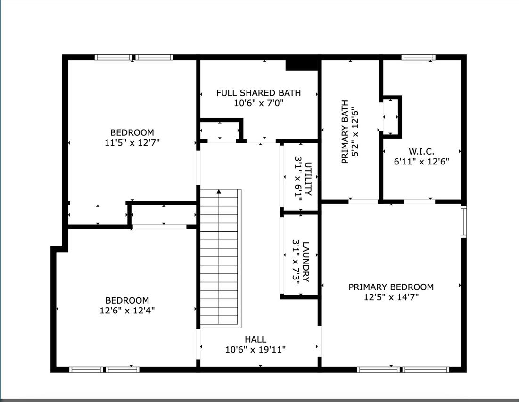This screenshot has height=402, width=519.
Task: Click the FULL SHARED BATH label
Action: [x=258, y=93]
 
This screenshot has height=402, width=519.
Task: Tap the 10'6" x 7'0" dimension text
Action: [x=259, y=103]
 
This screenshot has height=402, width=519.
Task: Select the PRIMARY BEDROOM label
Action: [x=391, y=287]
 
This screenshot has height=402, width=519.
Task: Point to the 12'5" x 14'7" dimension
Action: [x=391, y=297]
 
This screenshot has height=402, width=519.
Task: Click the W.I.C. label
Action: [x=421, y=152]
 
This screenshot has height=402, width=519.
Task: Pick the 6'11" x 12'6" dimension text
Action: [x=421, y=162]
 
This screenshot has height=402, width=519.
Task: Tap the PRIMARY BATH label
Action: [x=345, y=131]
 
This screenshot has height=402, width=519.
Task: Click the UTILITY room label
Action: [x=308, y=179]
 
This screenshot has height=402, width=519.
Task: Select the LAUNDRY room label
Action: [x=306, y=262]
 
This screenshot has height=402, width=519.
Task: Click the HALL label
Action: [x=255, y=339]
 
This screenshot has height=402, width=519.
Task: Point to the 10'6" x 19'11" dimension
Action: [x=255, y=349]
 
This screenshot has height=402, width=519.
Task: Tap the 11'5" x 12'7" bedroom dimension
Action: [x=132, y=143]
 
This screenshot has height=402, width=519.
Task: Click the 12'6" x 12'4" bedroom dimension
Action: [x=127, y=311]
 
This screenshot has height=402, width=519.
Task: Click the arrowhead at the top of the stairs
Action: [x=219, y=191]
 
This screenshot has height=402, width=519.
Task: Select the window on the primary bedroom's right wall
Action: [x=464, y=222]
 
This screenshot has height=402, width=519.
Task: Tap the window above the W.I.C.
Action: [x=419, y=57]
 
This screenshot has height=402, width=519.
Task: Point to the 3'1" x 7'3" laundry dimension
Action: [x=296, y=262]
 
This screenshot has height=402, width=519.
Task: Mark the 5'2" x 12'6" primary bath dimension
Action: [x=355, y=131]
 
